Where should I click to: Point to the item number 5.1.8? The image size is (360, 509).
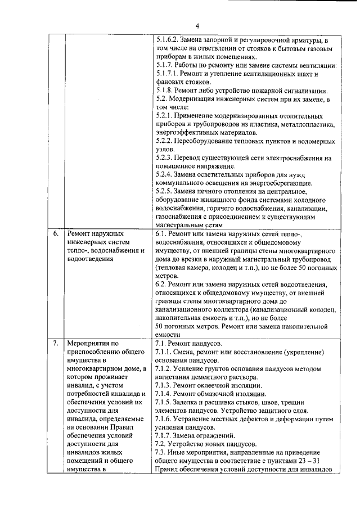tap(164, 90)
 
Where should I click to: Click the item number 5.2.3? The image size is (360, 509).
tap(164, 157)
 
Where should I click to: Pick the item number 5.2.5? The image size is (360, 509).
tap(164, 191)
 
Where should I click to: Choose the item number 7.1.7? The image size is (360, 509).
tap(164, 435)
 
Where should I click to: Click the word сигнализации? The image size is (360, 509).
tap(299, 90)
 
